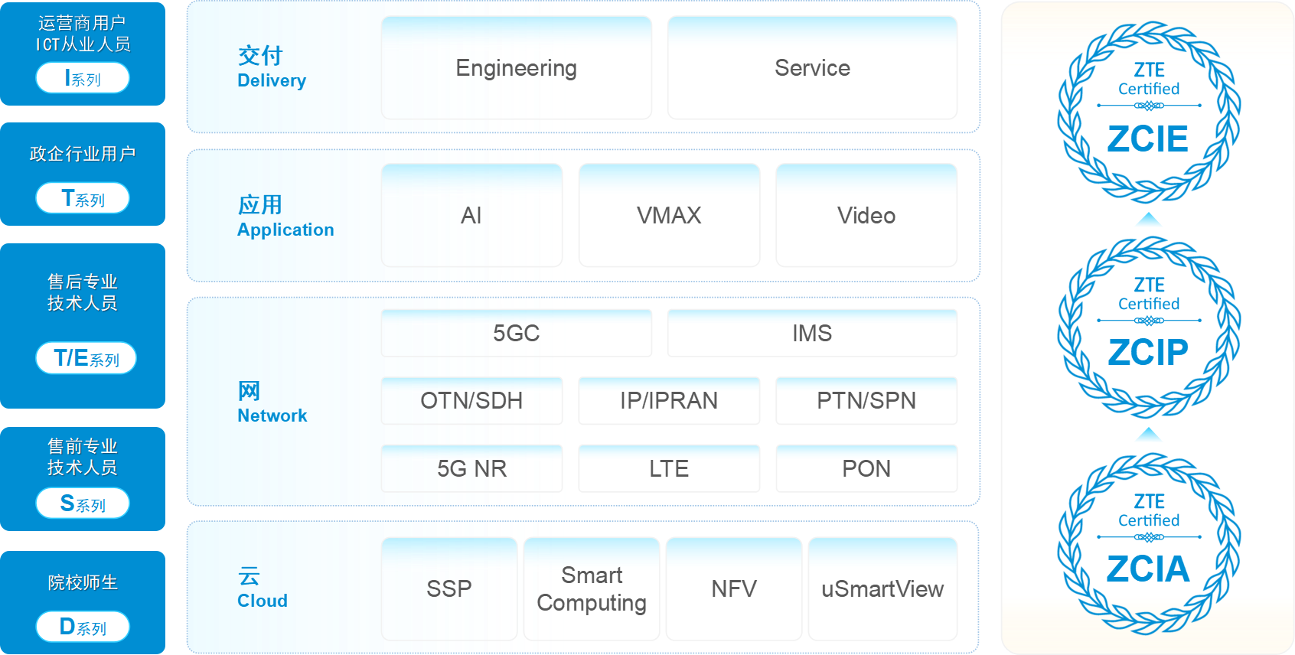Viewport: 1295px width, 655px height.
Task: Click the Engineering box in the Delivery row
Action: click(517, 68)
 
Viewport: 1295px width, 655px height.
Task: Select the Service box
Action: click(812, 68)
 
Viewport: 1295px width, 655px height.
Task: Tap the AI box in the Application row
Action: click(471, 216)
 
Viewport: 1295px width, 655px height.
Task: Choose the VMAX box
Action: click(669, 216)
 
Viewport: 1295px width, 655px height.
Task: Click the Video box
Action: click(866, 216)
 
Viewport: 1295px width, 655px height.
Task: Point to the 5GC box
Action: click(517, 333)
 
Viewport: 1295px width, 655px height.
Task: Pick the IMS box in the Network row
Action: click(812, 333)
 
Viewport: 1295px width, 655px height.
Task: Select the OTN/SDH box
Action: click(471, 400)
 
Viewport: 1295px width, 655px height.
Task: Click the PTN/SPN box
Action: click(866, 400)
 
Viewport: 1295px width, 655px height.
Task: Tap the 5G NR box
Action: click(471, 468)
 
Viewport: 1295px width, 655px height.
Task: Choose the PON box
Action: click(866, 468)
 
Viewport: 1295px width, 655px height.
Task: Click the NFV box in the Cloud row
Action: click(734, 588)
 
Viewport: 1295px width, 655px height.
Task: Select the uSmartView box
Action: click(882, 588)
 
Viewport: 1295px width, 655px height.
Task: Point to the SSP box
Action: click(449, 588)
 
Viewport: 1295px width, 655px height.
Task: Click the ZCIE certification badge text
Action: click(1148, 139)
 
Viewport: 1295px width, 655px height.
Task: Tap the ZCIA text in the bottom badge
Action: click(1148, 569)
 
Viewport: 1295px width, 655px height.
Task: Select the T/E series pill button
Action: click(86, 358)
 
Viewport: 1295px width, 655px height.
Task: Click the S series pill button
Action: click(83, 503)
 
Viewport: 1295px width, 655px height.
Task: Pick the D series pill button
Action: click(83, 627)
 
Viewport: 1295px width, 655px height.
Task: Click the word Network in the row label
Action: click(272, 415)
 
